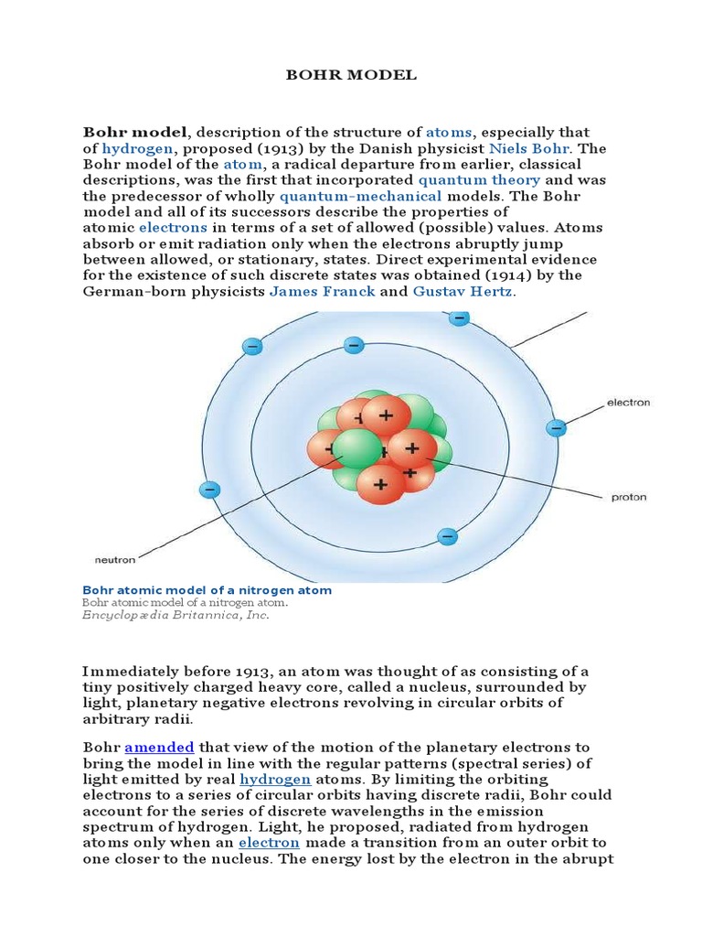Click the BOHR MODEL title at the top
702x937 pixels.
350,75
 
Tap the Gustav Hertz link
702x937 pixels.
464,291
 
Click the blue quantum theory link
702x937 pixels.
480,180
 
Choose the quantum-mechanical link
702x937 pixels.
361,196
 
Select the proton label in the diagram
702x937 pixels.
628,498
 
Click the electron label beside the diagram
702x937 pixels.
628,402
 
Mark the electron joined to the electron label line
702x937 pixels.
556,427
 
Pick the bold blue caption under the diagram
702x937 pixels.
207,590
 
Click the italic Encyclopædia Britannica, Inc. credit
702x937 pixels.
175,616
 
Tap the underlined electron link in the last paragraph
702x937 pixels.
269,842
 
